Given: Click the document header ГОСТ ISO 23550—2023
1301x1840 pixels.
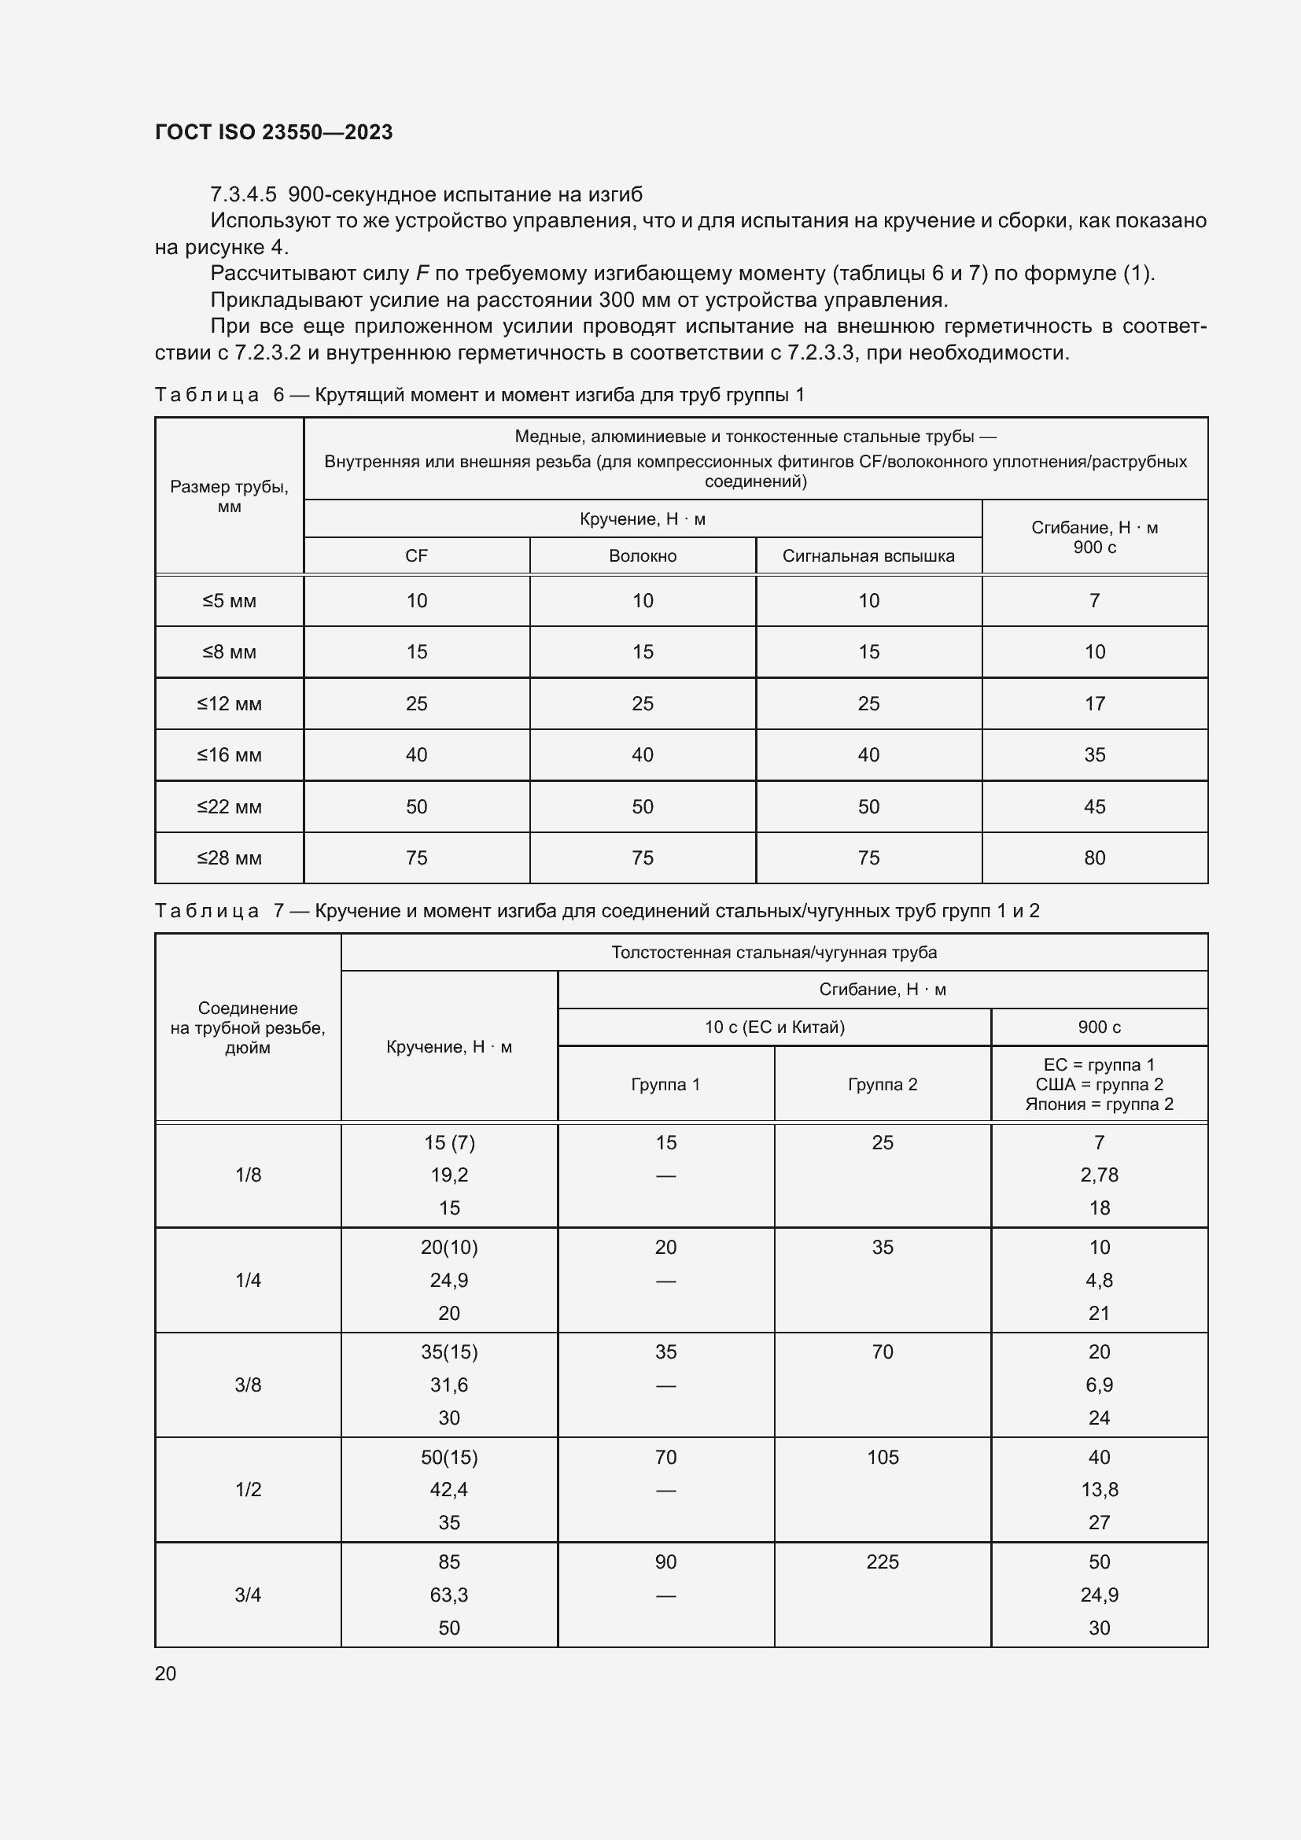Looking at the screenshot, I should [273, 132].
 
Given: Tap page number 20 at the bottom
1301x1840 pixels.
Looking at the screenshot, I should [165, 1673].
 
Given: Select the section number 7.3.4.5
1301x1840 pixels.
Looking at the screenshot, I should [243, 195].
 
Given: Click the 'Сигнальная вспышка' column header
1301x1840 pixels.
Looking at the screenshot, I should [868, 556].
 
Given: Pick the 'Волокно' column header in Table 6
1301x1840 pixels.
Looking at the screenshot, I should [643, 556].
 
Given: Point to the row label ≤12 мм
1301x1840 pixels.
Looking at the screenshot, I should [229, 703].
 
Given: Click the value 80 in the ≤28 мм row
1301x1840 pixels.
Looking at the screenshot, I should [1094, 858].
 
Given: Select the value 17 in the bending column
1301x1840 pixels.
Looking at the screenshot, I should [1094, 703].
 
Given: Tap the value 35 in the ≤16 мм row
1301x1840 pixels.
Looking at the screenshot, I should [1094, 755].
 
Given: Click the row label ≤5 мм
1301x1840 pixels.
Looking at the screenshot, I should [229, 601].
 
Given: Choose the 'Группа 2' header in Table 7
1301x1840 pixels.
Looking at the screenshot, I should [882, 1084].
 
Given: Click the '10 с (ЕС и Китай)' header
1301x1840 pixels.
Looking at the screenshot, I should [774, 1027].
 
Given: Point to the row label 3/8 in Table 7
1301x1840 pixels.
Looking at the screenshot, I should [248, 1385].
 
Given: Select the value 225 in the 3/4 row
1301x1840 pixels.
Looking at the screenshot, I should [882, 1562].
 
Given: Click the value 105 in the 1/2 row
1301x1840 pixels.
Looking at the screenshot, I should [882, 1458].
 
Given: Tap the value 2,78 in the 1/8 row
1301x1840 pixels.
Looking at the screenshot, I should [1099, 1174].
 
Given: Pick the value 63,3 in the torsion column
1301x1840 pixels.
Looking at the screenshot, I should [448, 1595].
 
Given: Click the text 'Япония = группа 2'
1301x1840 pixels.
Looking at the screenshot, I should [1099, 1104].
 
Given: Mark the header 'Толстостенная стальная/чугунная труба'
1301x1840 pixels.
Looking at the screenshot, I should [774, 952].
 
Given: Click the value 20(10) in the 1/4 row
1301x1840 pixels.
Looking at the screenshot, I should [448, 1248].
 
